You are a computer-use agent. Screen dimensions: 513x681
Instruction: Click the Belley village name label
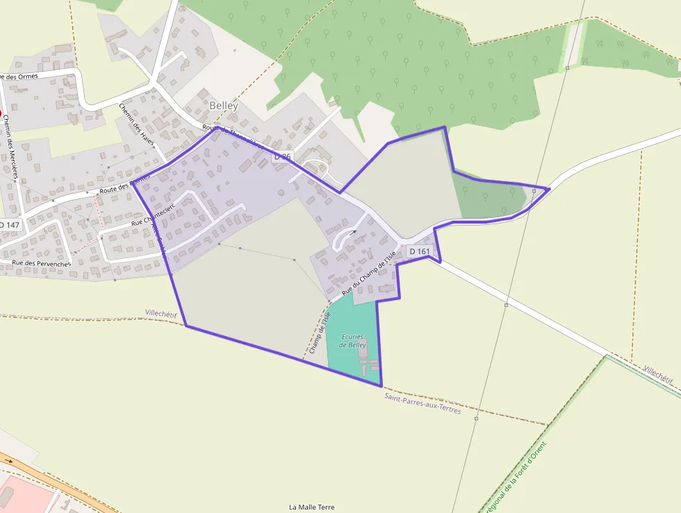pyautogui.click(x=223, y=106)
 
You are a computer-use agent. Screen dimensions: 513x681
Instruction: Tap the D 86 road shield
pyautogui.click(x=283, y=157)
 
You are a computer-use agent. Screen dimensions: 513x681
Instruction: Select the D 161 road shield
pyautogui.click(x=420, y=251)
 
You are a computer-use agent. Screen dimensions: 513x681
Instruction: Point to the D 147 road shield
pyautogui.click(x=10, y=226)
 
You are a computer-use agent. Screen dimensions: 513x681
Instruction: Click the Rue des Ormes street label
pyautogui.click(x=28, y=76)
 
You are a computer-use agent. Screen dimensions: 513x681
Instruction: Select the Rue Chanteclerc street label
pyautogui.click(x=152, y=214)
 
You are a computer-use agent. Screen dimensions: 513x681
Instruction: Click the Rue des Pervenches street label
pyautogui.click(x=41, y=264)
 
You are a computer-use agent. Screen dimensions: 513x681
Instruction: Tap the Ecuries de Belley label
pyautogui.click(x=353, y=341)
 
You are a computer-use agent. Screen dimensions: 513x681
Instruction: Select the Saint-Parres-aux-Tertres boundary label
pyautogui.click(x=422, y=403)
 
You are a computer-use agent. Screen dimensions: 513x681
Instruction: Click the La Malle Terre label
pyautogui.click(x=311, y=507)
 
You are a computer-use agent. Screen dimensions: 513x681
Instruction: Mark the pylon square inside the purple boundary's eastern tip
pyautogui.click(x=534, y=190)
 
